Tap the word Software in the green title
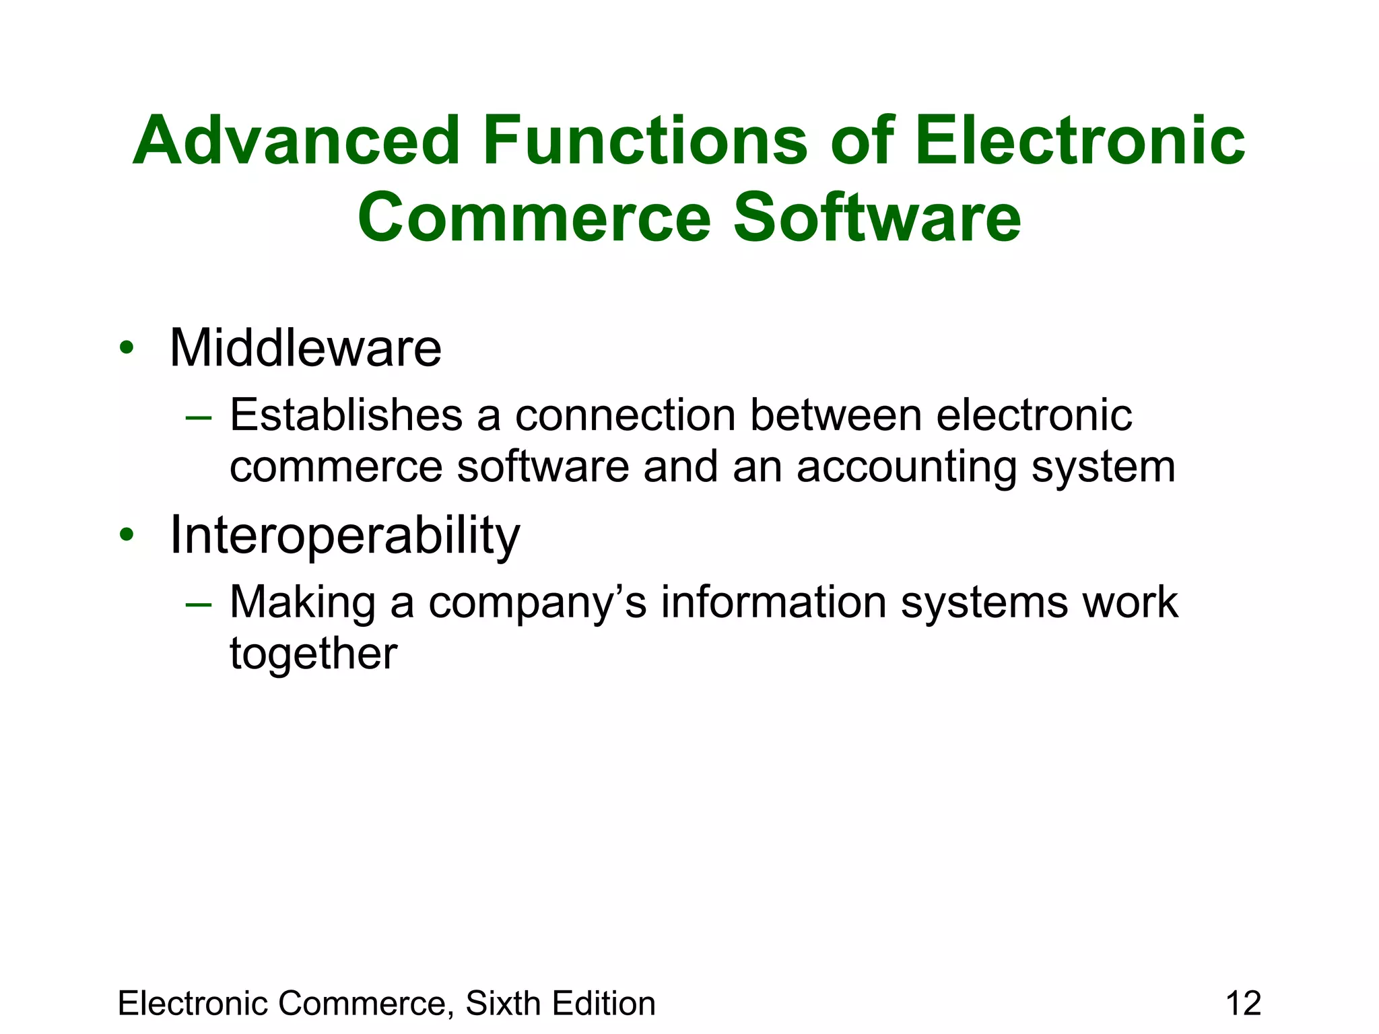(x=877, y=218)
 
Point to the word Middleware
(x=306, y=349)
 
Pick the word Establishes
(x=346, y=415)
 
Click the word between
(x=836, y=415)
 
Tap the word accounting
(x=906, y=467)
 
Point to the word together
(x=313, y=654)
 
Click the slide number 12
(x=1243, y=1003)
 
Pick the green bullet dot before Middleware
(x=126, y=349)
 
